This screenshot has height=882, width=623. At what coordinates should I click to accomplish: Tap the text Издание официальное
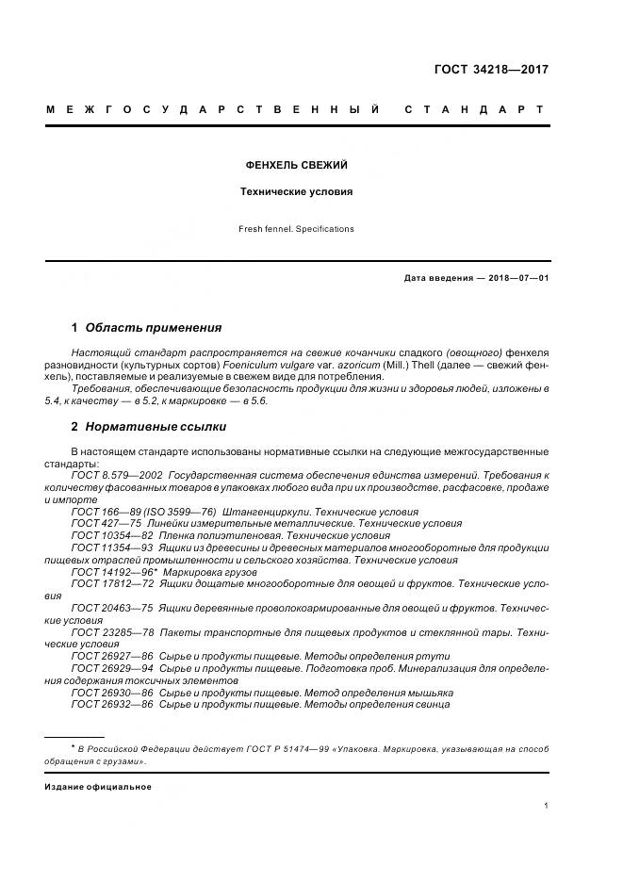pyautogui.click(x=98, y=786)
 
